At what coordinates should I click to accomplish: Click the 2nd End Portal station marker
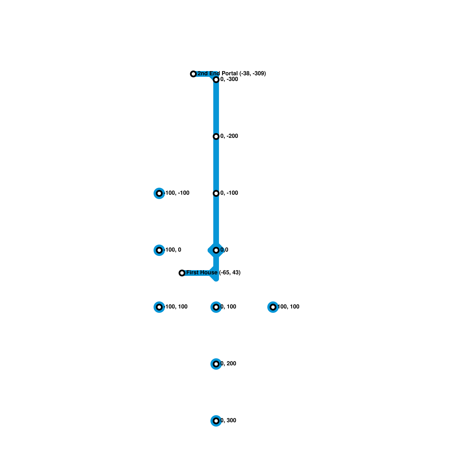(x=193, y=74)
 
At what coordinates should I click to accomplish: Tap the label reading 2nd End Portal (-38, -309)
(x=232, y=74)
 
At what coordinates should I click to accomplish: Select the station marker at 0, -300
(x=216, y=80)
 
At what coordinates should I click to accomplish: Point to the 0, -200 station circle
(x=216, y=136)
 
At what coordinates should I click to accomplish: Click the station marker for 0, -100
(x=216, y=193)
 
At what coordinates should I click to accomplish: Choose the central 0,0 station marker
(x=216, y=250)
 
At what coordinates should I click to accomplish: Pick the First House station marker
(x=182, y=273)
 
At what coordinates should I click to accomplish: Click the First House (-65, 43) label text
(x=213, y=273)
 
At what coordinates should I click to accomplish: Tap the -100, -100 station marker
(x=159, y=193)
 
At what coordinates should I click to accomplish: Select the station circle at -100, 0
(x=159, y=250)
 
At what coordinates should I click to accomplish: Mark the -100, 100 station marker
(x=159, y=307)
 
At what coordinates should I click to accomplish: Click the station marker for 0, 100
(x=216, y=307)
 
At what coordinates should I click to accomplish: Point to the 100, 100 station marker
(x=273, y=307)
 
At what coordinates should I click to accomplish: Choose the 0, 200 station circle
(x=216, y=364)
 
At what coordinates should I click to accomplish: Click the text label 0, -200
(x=229, y=136)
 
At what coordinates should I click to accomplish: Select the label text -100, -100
(x=177, y=193)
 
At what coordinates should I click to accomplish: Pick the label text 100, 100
(x=288, y=307)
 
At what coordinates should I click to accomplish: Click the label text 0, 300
(x=228, y=421)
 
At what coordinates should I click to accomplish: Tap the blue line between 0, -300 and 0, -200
(x=216, y=108)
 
